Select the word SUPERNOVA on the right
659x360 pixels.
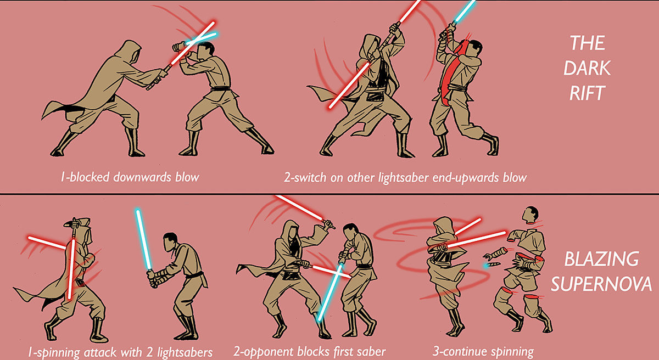[602, 284]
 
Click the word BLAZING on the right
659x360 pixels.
[602, 258]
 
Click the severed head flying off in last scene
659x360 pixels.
[530, 215]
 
